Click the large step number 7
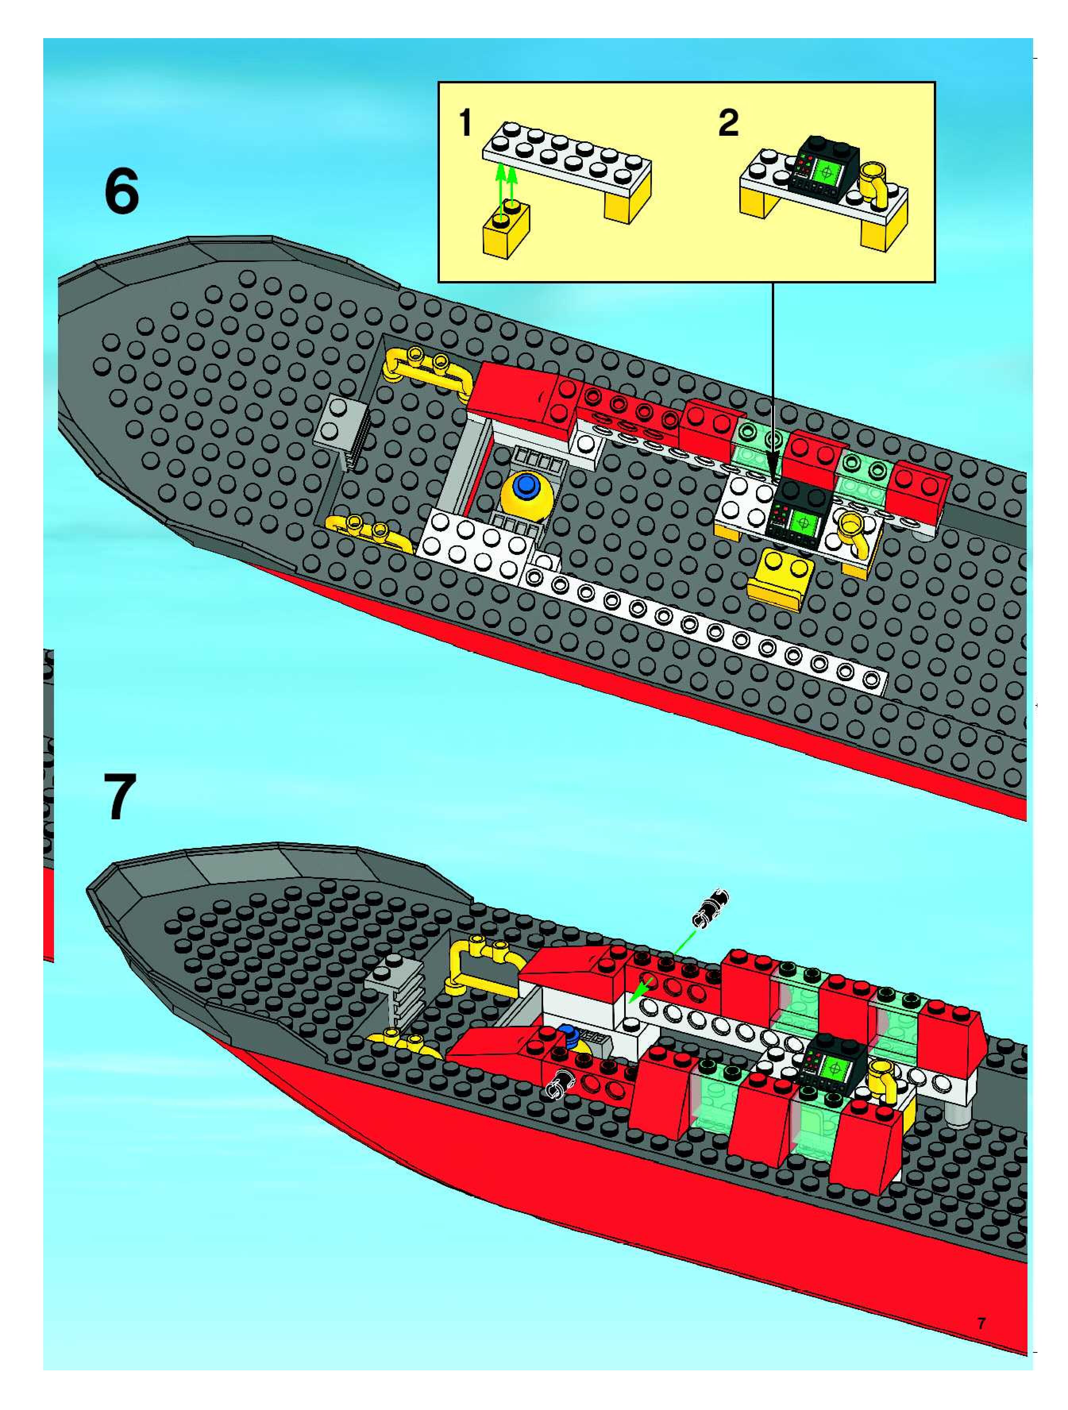[x=119, y=797]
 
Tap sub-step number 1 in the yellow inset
[x=466, y=123]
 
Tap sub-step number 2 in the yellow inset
[x=728, y=123]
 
